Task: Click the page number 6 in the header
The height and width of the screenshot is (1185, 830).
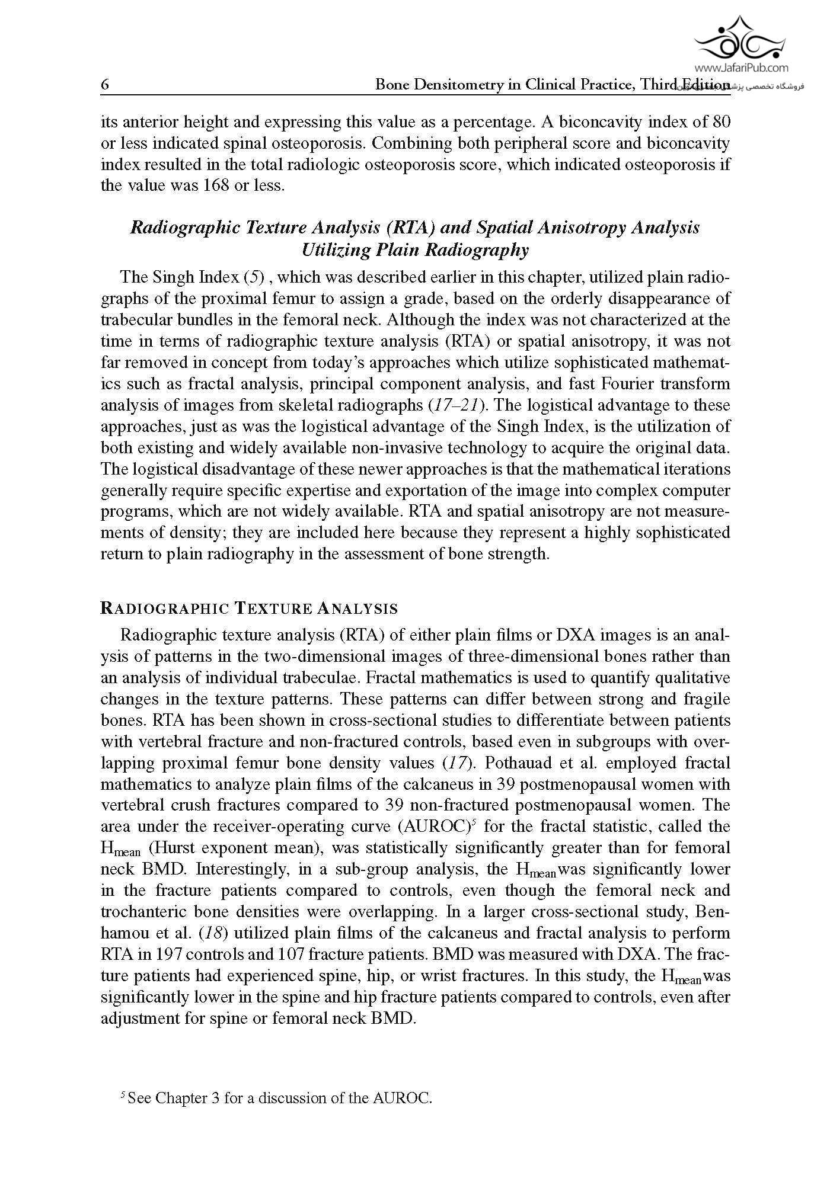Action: pos(105,85)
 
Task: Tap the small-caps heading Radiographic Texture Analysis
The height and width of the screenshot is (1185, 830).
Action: pos(249,608)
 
